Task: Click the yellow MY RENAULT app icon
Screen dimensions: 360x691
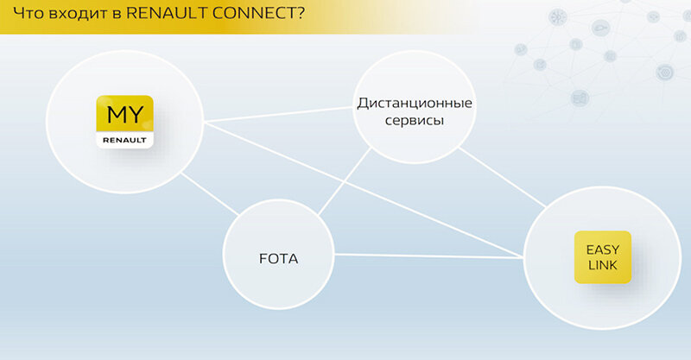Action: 124,121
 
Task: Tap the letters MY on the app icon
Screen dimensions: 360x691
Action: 124,114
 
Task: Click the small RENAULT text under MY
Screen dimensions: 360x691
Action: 124,138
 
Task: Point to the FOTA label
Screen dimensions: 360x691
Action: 278,258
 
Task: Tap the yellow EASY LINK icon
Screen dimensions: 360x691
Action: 603,256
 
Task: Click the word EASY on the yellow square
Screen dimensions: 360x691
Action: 603,249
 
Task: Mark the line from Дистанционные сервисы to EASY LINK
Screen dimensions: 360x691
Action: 501,177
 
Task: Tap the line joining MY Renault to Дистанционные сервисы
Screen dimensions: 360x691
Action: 276,115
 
